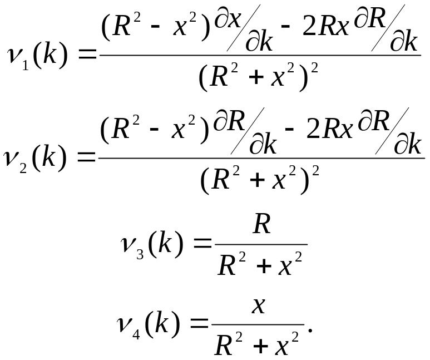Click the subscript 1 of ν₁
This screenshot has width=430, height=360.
pyautogui.click(x=26, y=66)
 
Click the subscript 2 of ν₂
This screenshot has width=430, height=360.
pyautogui.click(x=23, y=168)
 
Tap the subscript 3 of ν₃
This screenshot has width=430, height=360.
pyautogui.click(x=140, y=254)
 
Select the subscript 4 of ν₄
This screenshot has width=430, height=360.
pyautogui.click(x=136, y=335)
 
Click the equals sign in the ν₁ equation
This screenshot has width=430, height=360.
pyautogui.click(x=87, y=55)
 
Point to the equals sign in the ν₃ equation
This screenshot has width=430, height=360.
pyautogui.click(x=202, y=243)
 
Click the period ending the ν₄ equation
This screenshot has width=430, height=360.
pyautogui.click(x=310, y=330)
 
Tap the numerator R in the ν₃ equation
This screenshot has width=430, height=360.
pyautogui.click(x=262, y=224)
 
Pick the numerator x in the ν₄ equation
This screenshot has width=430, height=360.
pyautogui.click(x=259, y=306)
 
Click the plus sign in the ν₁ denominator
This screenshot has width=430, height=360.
pyautogui.click(x=256, y=77)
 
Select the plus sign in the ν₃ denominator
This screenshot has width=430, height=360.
pyautogui.click(x=264, y=266)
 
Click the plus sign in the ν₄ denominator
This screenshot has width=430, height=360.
pyautogui.click(x=260, y=346)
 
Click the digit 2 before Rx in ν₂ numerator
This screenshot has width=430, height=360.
pyautogui.click(x=313, y=129)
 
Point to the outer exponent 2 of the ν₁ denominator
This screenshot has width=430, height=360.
pyautogui.click(x=314, y=68)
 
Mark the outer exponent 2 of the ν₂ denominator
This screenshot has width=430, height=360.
pyautogui.click(x=315, y=171)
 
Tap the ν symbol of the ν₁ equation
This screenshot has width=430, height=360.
pyautogui.click(x=15, y=56)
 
